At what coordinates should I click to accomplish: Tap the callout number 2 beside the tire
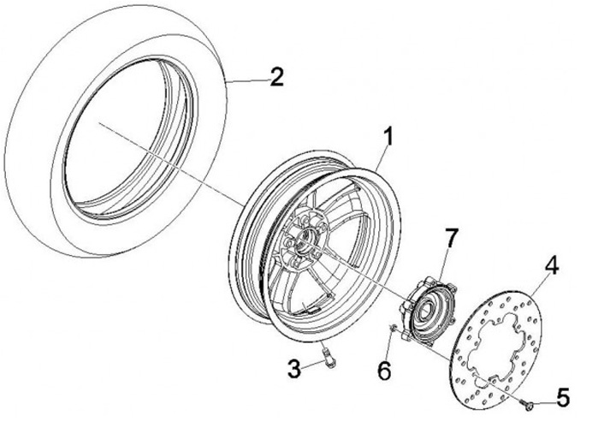click(275, 78)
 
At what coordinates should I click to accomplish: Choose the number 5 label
click(561, 397)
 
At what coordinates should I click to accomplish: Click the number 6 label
click(384, 370)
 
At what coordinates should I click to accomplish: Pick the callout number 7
click(451, 236)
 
